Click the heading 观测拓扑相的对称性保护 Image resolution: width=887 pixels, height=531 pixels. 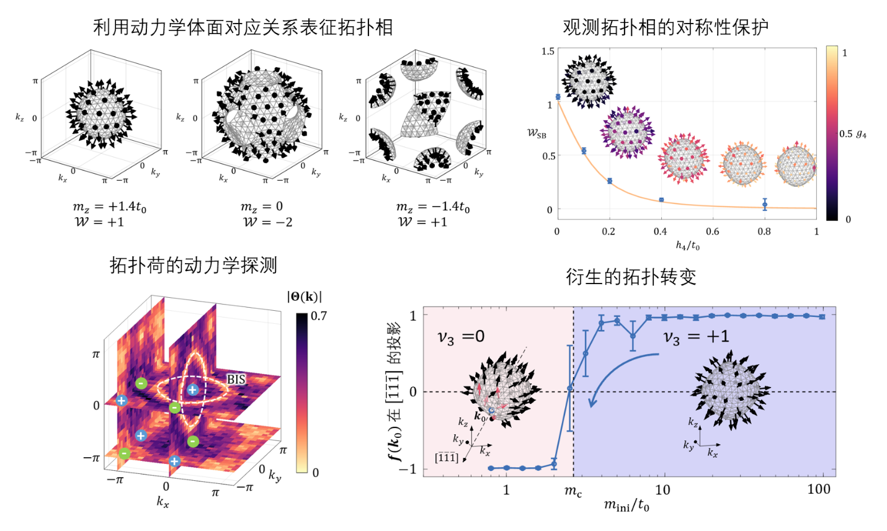click(x=666, y=27)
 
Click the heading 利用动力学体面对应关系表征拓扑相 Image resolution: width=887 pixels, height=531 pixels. click(x=243, y=27)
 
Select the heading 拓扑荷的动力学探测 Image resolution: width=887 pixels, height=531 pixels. click(x=193, y=265)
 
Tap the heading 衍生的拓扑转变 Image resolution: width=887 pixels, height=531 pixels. click(x=631, y=277)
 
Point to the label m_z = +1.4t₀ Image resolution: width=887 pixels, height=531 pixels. click(x=109, y=207)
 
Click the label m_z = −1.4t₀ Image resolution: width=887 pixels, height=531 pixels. click(x=433, y=207)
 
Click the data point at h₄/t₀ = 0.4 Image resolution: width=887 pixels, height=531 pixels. click(x=661, y=200)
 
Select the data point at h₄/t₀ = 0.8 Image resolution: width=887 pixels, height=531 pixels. click(x=765, y=204)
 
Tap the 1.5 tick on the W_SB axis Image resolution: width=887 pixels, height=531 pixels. click(x=548, y=51)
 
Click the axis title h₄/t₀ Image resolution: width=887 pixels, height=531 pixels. click(x=687, y=246)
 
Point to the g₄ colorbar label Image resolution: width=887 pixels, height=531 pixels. click(x=861, y=134)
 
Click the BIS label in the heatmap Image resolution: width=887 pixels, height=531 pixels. click(x=236, y=379)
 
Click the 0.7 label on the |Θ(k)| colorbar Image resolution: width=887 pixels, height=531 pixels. click(x=318, y=316)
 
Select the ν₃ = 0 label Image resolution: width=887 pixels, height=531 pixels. click(x=461, y=337)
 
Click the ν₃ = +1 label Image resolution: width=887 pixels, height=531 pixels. click(x=696, y=337)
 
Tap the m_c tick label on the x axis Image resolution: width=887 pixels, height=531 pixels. click(x=573, y=491)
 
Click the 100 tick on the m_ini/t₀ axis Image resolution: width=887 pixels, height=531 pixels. click(x=819, y=489)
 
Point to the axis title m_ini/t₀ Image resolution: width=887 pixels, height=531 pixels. click(x=626, y=506)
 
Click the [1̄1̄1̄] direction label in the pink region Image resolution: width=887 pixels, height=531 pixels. click(x=447, y=458)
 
